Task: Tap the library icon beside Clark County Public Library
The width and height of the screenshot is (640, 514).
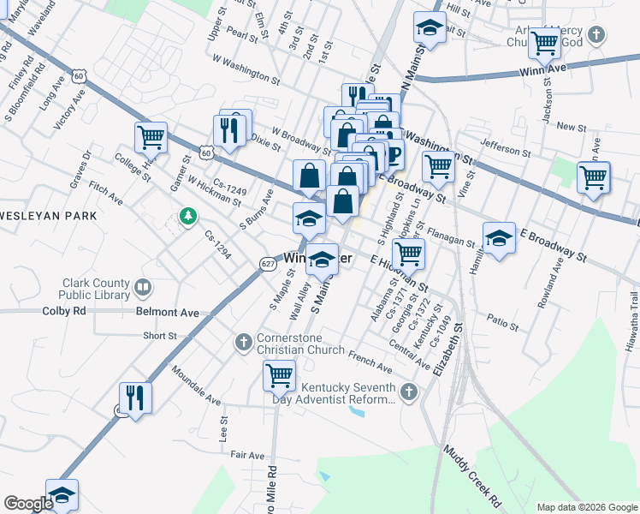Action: [x=144, y=287]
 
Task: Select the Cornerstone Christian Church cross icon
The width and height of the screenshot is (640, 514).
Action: [x=243, y=343]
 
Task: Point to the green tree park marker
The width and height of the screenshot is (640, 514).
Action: [x=187, y=215]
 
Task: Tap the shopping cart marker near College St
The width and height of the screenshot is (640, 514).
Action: [x=151, y=136]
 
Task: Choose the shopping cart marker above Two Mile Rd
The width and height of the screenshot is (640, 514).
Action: [x=279, y=374]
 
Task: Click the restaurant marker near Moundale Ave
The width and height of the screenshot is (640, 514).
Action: [x=135, y=397]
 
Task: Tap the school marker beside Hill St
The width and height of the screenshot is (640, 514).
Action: [x=430, y=28]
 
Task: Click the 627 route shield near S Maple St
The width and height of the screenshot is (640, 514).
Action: [x=266, y=266]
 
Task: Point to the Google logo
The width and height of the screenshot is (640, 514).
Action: [x=28, y=504]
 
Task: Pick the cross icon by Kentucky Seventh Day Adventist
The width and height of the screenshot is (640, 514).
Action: [x=409, y=392]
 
